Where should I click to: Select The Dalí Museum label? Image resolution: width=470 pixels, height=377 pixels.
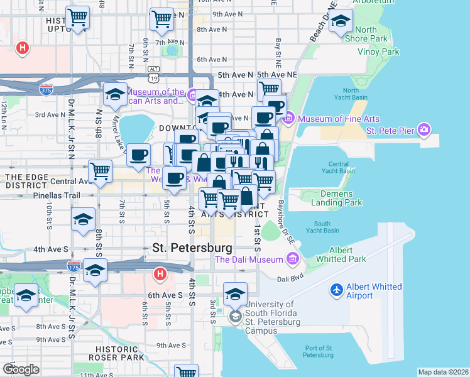pos(250,259)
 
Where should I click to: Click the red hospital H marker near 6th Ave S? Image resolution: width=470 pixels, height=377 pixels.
pos(160,274)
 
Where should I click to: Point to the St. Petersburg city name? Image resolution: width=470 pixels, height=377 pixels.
pos(192,248)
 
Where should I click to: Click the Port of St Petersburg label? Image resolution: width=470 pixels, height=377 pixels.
pos(310,351)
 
